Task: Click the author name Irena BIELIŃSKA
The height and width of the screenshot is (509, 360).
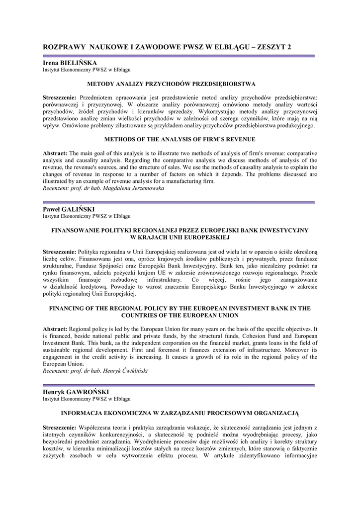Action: point(70,63)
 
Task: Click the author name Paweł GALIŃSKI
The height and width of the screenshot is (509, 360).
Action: point(69,209)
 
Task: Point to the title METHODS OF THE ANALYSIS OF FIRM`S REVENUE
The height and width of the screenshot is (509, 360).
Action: point(180,139)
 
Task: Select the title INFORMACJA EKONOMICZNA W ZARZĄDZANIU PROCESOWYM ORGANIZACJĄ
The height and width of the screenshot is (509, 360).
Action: point(180,413)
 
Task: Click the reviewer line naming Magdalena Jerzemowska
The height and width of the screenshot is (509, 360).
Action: point(103,188)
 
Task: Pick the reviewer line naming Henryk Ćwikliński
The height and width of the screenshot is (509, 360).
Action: point(95,371)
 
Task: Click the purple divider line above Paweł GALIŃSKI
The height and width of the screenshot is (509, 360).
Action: point(180,202)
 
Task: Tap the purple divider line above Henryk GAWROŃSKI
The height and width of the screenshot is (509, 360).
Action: point(180,385)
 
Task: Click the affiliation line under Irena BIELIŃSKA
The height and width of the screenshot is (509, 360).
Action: point(87,70)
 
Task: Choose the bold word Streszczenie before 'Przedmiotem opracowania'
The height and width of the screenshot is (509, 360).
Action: point(60,97)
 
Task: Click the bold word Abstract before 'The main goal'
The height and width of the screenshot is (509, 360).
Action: point(55,153)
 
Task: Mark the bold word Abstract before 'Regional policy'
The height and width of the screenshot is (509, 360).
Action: point(55,329)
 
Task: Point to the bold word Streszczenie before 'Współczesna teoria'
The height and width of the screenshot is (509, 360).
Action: point(60,427)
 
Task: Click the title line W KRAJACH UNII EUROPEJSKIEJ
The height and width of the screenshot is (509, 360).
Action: point(180,238)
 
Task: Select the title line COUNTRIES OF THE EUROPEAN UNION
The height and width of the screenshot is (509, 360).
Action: point(180,315)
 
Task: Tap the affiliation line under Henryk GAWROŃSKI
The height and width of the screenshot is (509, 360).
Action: point(87,399)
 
